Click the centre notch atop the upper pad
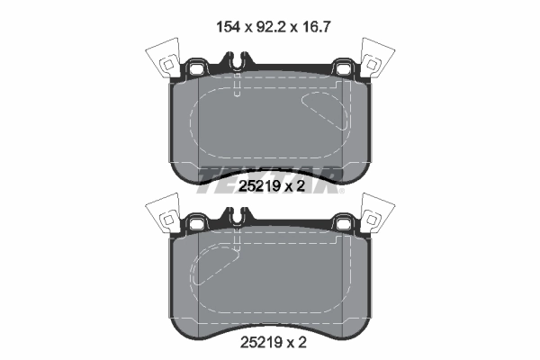[x=236, y=64]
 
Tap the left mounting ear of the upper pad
[x=193, y=68]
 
